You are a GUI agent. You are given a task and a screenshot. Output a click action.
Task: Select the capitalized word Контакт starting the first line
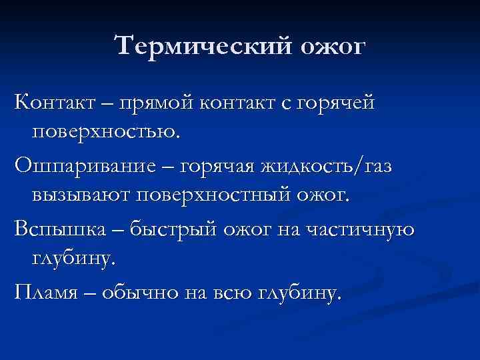(57, 103)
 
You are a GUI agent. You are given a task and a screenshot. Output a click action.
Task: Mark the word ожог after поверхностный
(329, 197)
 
